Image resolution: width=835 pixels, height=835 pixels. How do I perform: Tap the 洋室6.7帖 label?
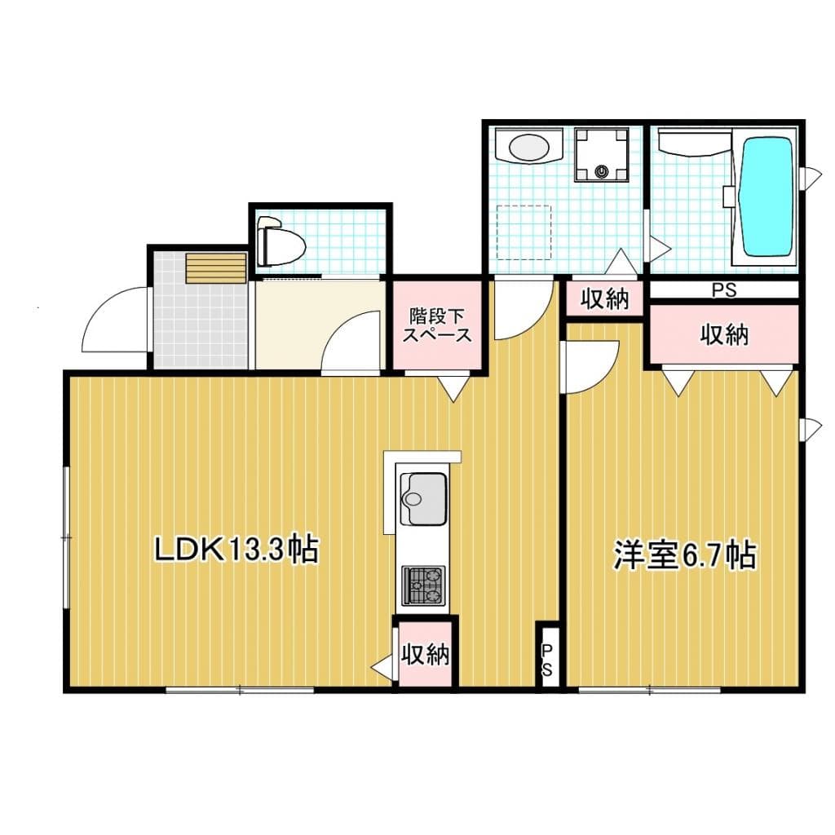pyautogui.click(x=684, y=556)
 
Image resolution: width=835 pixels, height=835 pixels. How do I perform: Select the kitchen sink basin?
pyautogui.click(x=423, y=498)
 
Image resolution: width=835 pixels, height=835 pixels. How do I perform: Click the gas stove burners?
pyautogui.click(x=423, y=585)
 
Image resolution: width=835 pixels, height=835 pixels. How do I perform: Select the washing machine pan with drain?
pyautogui.click(x=602, y=154)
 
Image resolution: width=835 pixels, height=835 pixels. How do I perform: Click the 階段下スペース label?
pyautogui.click(x=440, y=325)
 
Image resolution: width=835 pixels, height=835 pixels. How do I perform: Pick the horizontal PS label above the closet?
pyautogui.click(x=722, y=289)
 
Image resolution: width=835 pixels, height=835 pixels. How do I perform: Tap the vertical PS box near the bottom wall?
pyautogui.click(x=548, y=658)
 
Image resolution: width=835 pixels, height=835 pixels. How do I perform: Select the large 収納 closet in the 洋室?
pyautogui.click(x=723, y=334)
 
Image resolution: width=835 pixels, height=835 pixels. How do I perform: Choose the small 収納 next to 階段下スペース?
pyautogui.click(x=605, y=298)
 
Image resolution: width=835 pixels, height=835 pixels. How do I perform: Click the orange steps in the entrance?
pyautogui.click(x=215, y=268)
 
